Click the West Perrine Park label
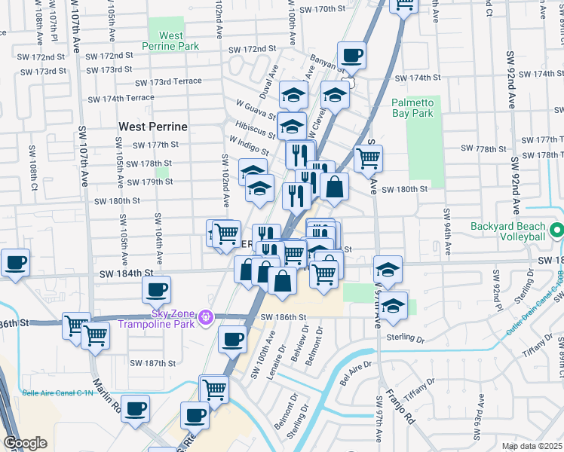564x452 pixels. (171, 41)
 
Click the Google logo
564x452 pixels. (25, 442)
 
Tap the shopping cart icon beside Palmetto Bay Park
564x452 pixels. (369, 158)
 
